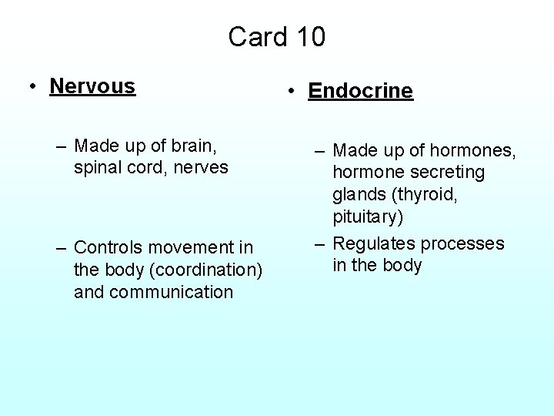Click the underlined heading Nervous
coord(92,86)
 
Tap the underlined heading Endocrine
coord(360,91)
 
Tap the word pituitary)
coord(368,216)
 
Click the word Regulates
coord(373,243)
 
